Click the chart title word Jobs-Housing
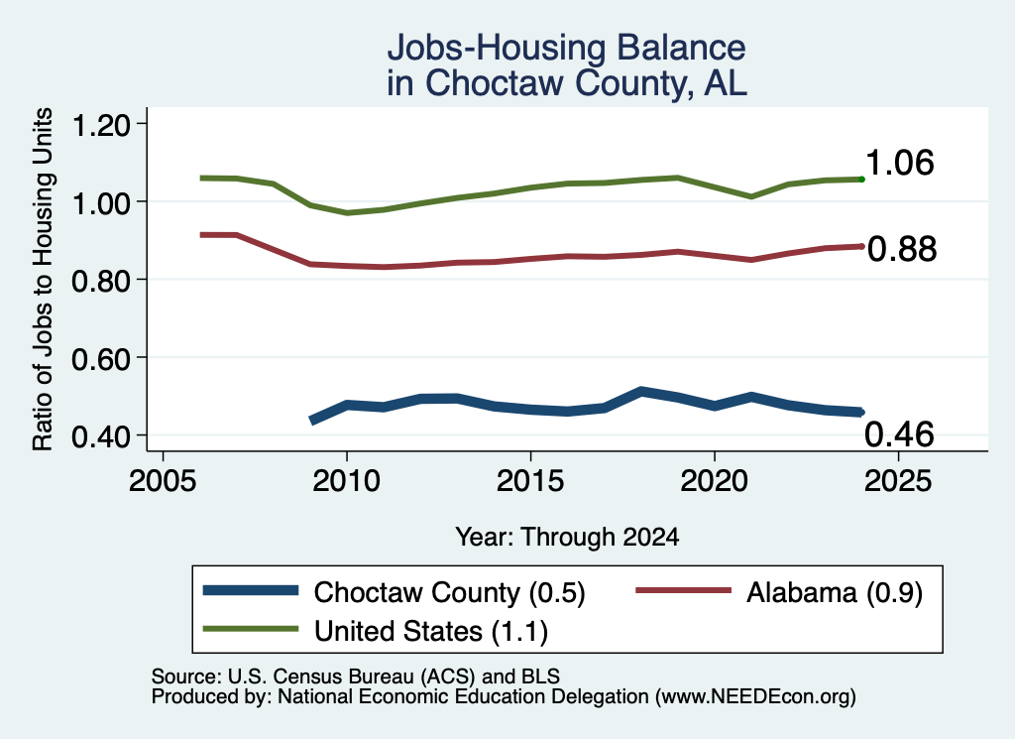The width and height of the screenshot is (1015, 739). [x=497, y=49]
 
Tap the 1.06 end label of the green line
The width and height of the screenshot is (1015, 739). [x=899, y=163]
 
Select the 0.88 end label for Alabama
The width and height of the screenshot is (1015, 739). [x=902, y=249]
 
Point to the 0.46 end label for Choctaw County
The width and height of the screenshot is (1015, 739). [x=899, y=434]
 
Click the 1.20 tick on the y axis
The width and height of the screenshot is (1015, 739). [x=101, y=125]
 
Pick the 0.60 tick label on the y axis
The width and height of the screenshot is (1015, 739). [x=101, y=359]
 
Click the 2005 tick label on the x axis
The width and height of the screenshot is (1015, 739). [x=164, y=481]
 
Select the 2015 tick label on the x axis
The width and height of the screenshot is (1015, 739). [x=531, y=481]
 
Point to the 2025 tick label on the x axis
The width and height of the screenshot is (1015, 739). [x=898, y=481]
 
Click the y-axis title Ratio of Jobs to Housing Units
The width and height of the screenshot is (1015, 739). [x=43, y=279]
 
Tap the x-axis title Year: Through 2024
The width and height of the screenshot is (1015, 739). [x=567, y=537]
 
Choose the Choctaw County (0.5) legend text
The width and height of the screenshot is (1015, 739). [x=449, y=592]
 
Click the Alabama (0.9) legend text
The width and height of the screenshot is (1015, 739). [x=835, y=592]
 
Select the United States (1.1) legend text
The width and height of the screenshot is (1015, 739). [x=431, y=632]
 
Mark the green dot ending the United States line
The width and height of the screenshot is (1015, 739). [x=861, y=180]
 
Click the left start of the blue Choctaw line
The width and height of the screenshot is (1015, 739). [x=312, y=421]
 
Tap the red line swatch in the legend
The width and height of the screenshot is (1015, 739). [x=684, y=590]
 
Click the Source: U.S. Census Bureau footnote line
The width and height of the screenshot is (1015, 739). [x=356, y=677]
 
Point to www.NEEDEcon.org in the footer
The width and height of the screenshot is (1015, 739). [x=754, y=696]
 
